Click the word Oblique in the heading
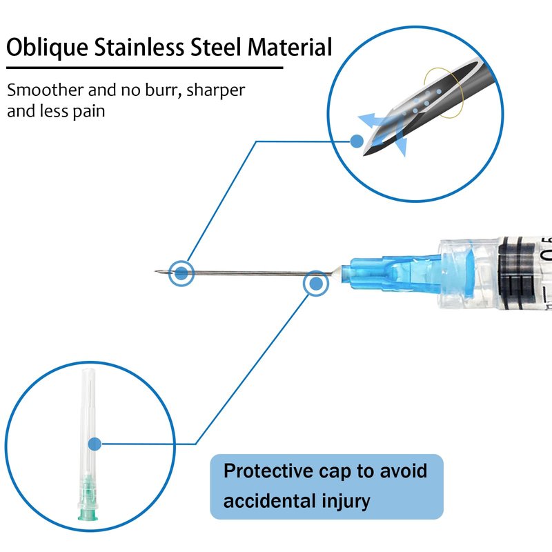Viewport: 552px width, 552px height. pos(47,48)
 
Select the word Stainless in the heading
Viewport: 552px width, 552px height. pos(139,47)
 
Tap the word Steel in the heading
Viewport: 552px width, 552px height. pos(216,47)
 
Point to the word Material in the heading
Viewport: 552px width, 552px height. pos(290,47)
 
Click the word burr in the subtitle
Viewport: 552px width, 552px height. pos(161,90)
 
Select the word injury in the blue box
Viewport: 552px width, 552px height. pos(346,502)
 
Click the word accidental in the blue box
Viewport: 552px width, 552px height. pos(269,501)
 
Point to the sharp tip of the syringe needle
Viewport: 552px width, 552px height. pos(155,271)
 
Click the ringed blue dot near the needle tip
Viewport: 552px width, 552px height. pos(181,273)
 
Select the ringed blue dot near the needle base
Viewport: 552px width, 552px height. pos(316,284)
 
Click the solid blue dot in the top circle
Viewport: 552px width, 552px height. pos(357,141)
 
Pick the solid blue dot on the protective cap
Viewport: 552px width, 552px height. pos(95,444)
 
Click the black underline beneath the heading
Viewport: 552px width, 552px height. pos(145,67)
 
